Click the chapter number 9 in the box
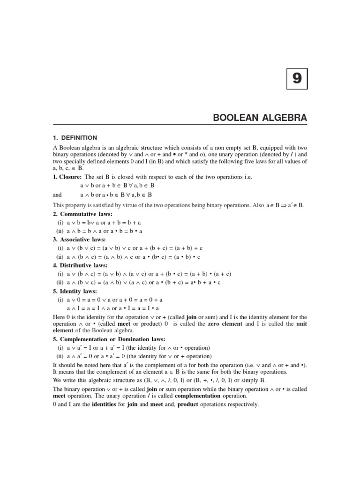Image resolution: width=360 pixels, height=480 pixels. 297,78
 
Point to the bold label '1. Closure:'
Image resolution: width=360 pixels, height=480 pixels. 67,177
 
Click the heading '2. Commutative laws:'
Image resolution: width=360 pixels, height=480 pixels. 82,214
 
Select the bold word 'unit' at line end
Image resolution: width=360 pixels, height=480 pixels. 301,324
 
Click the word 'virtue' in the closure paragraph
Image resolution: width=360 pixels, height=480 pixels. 143,205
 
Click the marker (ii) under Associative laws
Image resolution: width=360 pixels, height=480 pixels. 60,257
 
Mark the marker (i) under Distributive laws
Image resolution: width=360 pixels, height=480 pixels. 60,274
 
